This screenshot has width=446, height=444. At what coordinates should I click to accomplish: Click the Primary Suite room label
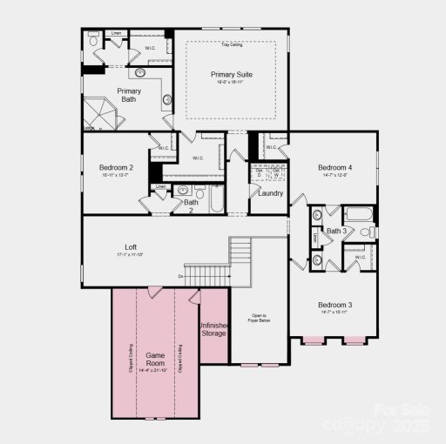pos(231,75)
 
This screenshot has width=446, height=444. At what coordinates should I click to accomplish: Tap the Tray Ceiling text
pos(231,44)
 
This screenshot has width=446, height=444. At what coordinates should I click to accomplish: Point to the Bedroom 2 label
pos(117,166)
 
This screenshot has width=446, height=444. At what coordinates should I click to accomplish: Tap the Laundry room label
pos(270,192)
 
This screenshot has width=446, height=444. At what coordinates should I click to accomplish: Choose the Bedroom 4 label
pos(335,167)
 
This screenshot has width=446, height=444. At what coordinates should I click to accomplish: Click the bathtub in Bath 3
pos(358,215)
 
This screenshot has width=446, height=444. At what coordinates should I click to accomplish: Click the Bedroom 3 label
pos(335,305)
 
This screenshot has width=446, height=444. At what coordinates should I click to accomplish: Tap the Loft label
pos(132,247)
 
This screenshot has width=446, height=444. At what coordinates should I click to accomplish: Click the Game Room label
pos(155,360)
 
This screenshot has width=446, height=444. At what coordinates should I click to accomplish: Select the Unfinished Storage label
pos(214,328)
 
